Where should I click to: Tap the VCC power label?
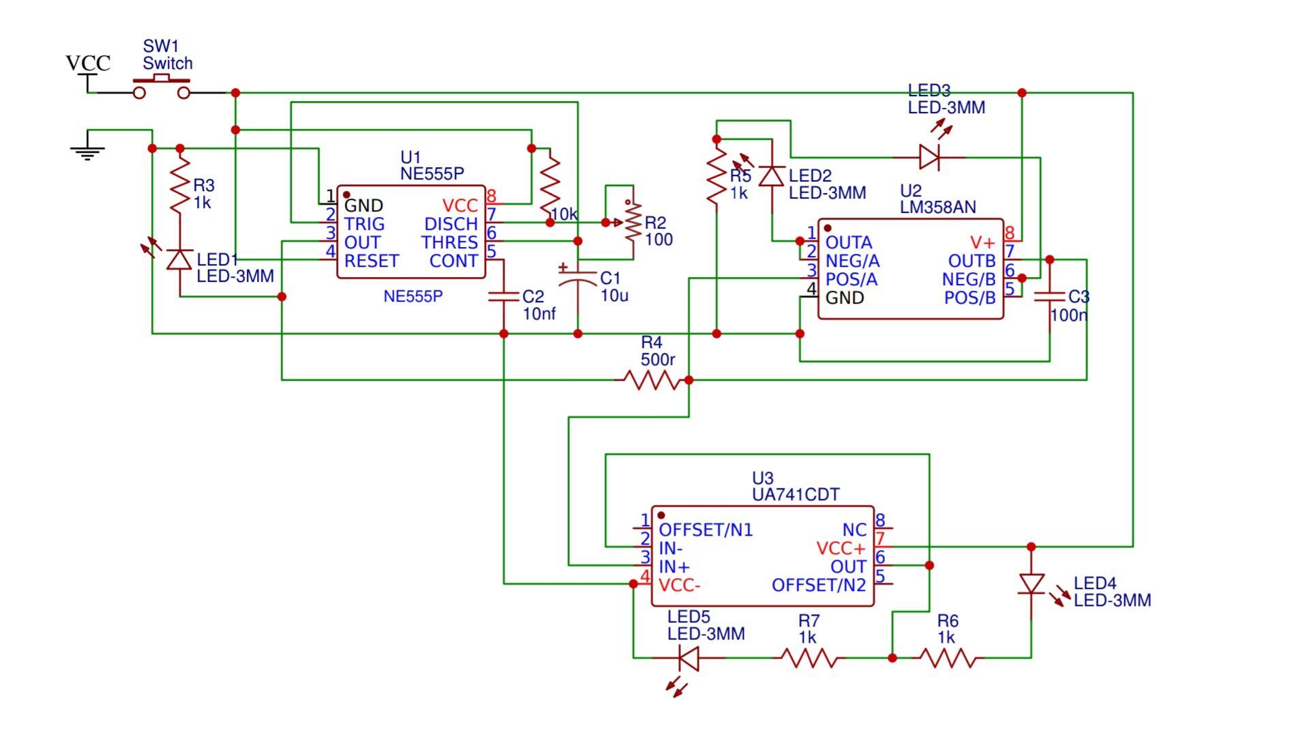pos(87,63)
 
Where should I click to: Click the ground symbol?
pos(87,151)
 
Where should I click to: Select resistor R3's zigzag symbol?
pos(180,184)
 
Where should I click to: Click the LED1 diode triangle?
pos(180,260)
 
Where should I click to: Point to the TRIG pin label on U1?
pos(364,224)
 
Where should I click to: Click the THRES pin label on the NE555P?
pos(449,242)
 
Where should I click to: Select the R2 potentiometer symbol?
pos(633,222)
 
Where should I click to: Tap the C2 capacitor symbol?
pos(504,297)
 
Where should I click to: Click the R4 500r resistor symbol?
pos(652,380)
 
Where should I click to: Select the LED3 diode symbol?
pos(929,157)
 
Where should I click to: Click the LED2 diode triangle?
pos(772,176)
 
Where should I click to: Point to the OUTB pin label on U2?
pos(972,261)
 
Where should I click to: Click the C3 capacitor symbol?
pos(1050,297)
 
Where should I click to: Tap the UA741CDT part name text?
pos(796,495)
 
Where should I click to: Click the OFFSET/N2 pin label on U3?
pos(818,585)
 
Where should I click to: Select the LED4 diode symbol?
pos(1032,584)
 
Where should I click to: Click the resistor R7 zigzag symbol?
pos(809,658)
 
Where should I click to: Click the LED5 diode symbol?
pos(689,658)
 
